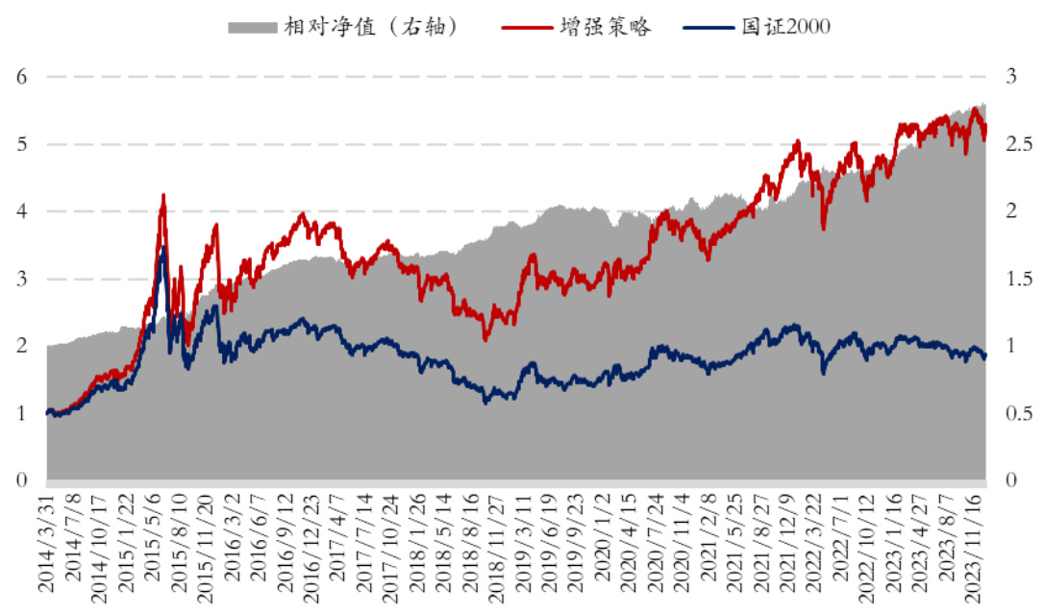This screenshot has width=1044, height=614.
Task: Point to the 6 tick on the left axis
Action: click(x=21, y=77)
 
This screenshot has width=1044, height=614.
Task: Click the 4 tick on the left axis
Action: click(x=21, y=211)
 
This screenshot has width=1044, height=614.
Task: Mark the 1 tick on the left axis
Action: click(x=21, y=413)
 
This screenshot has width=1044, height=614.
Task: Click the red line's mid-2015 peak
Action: click(x=162, y=195)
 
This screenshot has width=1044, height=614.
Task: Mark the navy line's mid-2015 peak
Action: click(x=162, y=247)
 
